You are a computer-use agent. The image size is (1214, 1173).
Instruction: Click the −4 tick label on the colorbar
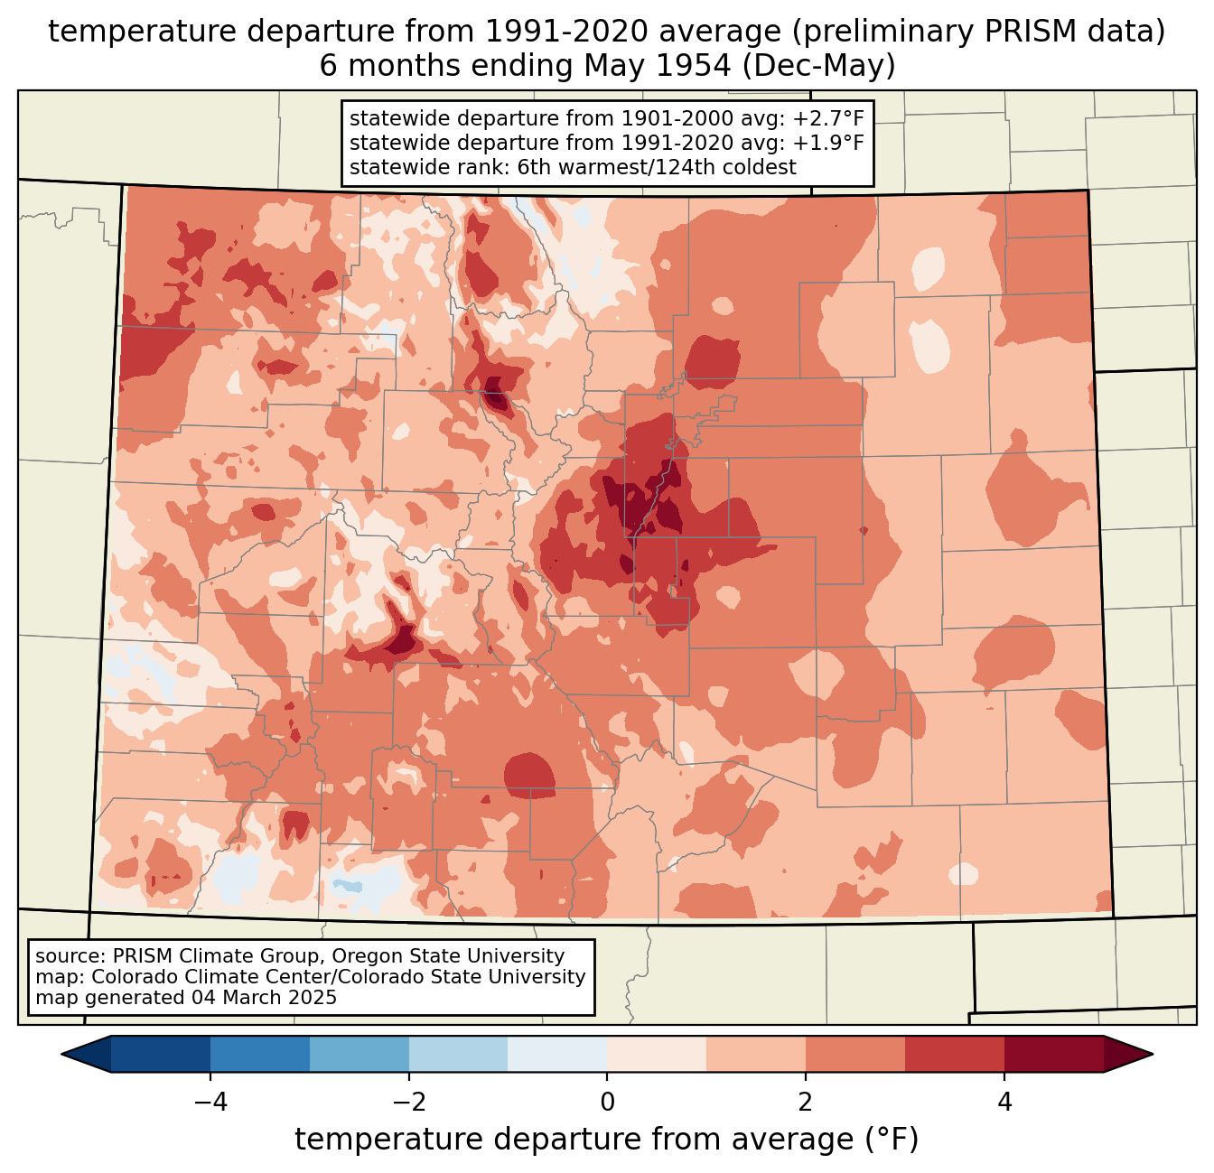point(210,1102)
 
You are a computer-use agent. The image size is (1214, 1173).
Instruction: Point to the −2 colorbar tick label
point(408,1102)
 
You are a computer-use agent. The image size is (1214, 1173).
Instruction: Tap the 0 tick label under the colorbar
point(607,1102)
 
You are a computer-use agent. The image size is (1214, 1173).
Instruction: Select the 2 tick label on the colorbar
point(806,1102)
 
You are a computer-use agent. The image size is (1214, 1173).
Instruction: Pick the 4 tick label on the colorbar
point(1004,1102)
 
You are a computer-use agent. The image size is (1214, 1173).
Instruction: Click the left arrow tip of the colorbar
point(61,1055)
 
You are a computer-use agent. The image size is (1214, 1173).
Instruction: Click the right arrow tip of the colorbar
point(1153,1055)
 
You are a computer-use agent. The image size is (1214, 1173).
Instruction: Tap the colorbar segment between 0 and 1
point(657,1055)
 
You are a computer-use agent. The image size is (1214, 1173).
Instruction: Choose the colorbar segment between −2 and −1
point(458,1055)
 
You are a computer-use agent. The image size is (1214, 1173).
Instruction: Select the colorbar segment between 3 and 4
point(955,1055)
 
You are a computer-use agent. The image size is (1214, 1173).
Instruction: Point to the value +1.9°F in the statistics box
point(828,143)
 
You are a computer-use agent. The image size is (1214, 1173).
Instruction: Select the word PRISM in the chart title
point(1020,32)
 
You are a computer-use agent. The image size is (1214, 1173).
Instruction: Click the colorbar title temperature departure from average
point(606,1139)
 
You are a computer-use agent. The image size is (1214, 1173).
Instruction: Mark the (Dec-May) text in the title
point(818,66)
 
